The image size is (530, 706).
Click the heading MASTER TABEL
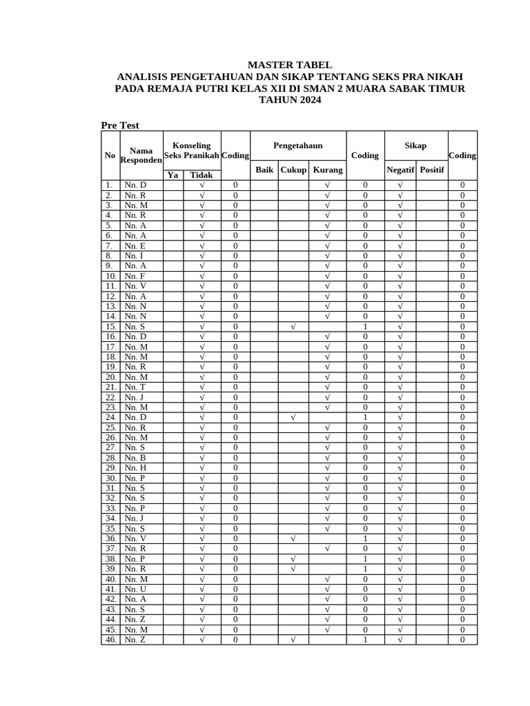click(289, 65)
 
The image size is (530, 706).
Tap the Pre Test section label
click(120, 125)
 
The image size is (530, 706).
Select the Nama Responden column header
click(141, 155)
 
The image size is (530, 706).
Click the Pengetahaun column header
click(298, 145)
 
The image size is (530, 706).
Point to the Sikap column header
click(415, 145)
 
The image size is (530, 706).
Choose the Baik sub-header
click(265, 170)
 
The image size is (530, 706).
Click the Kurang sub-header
click(327, 170)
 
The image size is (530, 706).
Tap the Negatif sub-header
click(400, 170)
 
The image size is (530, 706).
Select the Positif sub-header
click(432, 170)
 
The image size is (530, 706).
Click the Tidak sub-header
click(202, 175)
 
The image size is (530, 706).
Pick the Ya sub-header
click(173, 175)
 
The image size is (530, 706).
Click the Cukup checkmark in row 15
click(293, 326)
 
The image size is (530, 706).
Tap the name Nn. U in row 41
click(135, 589)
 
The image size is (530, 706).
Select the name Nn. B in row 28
click(135, 458)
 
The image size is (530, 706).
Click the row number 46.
click(110, 639)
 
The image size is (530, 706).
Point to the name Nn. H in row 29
click(135, 467)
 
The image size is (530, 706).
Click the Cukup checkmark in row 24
click(293, 417)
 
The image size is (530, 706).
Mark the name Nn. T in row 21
click(135, 387)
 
